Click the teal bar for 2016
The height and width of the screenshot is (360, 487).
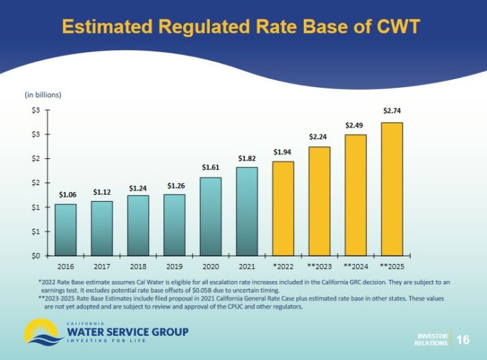tap(66, 230)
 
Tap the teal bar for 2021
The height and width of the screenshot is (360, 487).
tap(247, 211)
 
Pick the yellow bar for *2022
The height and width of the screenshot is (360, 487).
tap(283, 208)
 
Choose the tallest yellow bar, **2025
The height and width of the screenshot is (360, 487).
tap(392, 189)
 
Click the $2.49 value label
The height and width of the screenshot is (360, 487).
tap(355, 125)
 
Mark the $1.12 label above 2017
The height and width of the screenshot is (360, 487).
tap(102, 191)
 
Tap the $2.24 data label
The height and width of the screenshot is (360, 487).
tap(319, 137)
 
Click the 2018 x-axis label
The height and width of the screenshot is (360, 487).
tap(138, 265)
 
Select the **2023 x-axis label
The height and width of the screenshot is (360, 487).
tap(319, 265)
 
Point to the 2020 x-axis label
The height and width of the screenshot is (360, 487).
tap(211, 265)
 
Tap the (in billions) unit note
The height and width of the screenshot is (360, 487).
tap(43, 94)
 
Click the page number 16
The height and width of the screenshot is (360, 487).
tap(463, 339)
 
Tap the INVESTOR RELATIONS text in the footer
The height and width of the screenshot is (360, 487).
tap(431, 339)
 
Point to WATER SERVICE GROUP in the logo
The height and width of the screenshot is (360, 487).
tap(128, 332)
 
